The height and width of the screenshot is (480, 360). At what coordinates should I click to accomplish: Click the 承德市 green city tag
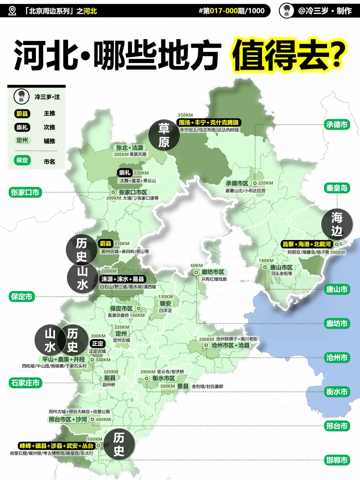(x=337, y=125)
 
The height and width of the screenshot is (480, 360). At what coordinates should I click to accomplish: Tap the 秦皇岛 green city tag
(x=337, y=188)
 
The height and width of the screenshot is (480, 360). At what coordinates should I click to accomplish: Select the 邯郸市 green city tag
(x=337, y=460)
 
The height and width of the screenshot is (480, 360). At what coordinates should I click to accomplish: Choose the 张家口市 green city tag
(x=25, y=192)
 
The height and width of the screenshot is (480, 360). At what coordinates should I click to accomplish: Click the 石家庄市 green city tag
(x=25, y=383)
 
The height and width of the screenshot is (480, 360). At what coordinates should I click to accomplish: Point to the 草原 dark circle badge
(x=164, y=135)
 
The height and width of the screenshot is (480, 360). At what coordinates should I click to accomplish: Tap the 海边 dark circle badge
(x=337, y=224)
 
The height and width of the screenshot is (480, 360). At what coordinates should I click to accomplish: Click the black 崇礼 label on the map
(x=125, y=173)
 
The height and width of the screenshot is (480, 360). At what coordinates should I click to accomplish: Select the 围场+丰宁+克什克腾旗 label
(x=209, y=122)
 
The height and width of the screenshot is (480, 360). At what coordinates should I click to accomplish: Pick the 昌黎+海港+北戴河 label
(x=307, y=244)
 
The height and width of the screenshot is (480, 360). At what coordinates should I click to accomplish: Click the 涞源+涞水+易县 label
(x=123, y=279)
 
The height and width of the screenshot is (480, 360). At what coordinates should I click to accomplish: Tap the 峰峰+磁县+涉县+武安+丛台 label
(x=56, y=446)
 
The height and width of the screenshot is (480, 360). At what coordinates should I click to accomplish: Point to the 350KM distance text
(x=185, y=115)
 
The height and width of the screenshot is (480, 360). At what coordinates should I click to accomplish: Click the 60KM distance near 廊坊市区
(x=197, y=266)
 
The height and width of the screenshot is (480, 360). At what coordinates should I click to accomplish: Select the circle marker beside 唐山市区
(x=265, y=267)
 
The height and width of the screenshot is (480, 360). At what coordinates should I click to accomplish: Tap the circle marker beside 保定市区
(x=139, y=309)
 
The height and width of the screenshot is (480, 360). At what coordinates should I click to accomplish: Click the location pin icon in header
(x=12, y=11)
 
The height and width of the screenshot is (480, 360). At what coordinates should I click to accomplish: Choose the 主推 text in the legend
(x=49, y=113)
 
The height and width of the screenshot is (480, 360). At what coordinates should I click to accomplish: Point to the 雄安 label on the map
(x=165, y=303)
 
